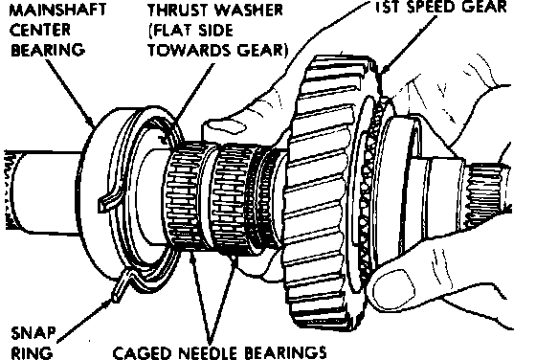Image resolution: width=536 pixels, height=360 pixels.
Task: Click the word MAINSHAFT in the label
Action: click(x=57, y=10)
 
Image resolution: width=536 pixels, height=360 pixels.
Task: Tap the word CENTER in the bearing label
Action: click(x=40, y=30)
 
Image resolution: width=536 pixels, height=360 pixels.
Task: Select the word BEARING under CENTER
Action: click(x=48, y=50)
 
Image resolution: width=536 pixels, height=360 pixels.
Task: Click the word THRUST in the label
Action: click(x=177, y=10)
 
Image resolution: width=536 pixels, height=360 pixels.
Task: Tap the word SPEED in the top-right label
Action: click(x=438, y=7)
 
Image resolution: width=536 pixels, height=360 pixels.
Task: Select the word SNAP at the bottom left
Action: click(x=33, y=333)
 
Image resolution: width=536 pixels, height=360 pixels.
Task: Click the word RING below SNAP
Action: click(x=32, y=352)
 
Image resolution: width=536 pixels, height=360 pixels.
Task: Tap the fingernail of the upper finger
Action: click(x=226, y=127)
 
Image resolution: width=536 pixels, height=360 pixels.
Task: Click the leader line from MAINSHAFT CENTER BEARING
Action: click(x=69, y=92)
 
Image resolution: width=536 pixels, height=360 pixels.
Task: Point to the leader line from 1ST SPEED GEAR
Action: click(x=409, y=44)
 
